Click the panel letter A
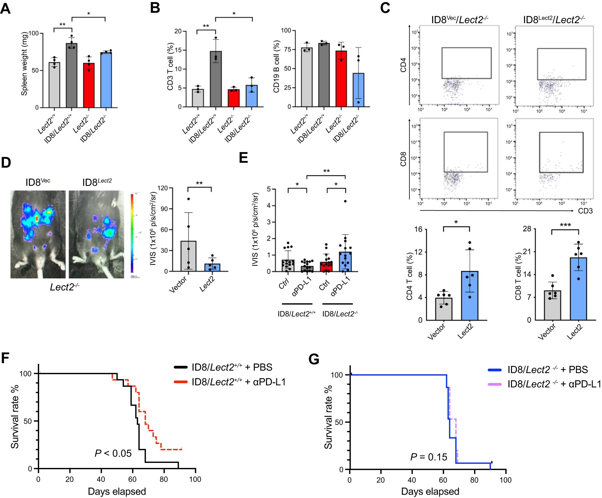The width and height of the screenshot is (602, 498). tap(5, 8)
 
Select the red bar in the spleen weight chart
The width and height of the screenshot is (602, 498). tap(88, 85)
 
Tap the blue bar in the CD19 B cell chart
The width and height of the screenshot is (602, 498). tap(358, 90)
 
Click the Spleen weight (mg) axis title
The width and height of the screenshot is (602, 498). tap(24, 64)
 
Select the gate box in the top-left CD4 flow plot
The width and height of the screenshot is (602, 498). tap(466, 63)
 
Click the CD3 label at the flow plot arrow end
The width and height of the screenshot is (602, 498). tap(585, 211)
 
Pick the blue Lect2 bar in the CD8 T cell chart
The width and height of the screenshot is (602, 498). tap(578, 289)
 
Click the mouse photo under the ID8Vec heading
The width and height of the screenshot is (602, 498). tap(38, 234)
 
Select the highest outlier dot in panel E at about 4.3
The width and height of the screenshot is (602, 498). tap(345, 201)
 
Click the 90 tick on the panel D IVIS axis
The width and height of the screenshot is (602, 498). tap(164, 209)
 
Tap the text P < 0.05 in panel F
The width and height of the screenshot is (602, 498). tap(113, 453)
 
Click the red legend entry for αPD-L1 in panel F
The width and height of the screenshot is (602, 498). tap(181, 382)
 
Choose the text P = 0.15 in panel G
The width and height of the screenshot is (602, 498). tap(429, 457)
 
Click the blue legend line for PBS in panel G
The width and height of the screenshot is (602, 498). tap(495, 370)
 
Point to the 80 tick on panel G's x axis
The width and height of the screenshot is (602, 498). tap(474, 480)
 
